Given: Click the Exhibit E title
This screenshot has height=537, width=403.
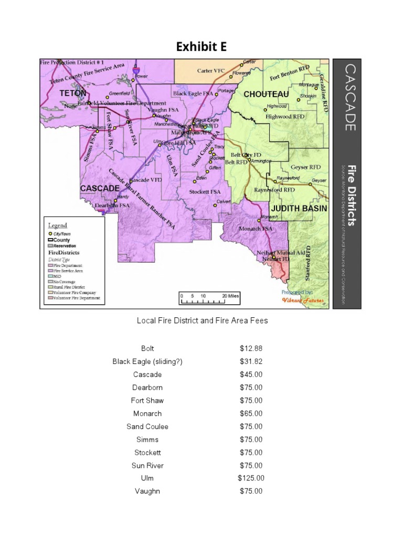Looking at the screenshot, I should pyautogui.click(x=201, y=47).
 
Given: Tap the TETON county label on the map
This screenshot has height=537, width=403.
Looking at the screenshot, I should pyautogui.click(x=73, y=93).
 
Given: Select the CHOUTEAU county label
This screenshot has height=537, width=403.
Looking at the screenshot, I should pyautogui.click(x=266, y=94).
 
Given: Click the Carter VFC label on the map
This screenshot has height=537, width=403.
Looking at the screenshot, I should pyautogui.click(x=210, y=71).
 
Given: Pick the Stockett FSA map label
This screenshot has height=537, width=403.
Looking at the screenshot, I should pyautogui.click(x=205, y=192).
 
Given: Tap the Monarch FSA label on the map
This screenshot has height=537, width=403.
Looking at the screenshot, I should pyautogui.click(x=256, y=229).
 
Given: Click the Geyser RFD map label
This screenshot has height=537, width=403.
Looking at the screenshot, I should pyautogui.click(x=305, y=167).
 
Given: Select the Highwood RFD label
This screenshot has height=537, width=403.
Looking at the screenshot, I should pyautogui.click(x=285, y=116).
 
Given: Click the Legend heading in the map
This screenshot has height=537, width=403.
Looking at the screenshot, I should pyautogui.click(x=58, y=225).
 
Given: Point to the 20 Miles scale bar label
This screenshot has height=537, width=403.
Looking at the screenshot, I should pyautogui.click(x=230, y=296).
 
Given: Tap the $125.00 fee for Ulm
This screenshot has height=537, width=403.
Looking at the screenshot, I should pyautogui.click(x=251, y=478).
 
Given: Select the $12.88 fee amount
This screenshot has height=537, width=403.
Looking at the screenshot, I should pyautogui.click(x=251, y=349).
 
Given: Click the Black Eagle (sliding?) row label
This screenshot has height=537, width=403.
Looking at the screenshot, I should pyautogui.click(x=147, y=362).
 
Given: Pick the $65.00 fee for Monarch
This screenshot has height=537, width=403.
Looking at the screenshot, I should pyautogui.click(x=251, y=414).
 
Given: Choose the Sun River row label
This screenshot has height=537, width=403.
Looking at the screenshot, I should pyautogui.click(x=147, y=466).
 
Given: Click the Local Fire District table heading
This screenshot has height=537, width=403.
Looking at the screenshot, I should pyautogui.click(x=202, y=320).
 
